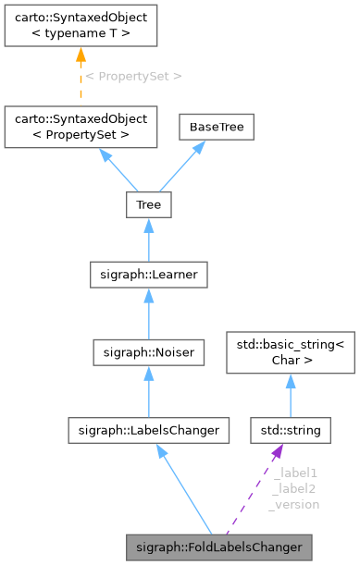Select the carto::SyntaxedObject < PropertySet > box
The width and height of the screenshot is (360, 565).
coord(80,127)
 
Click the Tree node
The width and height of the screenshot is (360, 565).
coord(148,204)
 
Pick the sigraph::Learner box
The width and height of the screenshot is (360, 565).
coord(148,274)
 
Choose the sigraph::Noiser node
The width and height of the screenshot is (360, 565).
coord(148,351)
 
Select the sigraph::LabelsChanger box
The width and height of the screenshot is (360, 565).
coord(148,430)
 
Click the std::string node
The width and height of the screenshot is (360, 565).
coord(290,430)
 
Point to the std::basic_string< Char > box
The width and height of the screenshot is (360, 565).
coord(290,354)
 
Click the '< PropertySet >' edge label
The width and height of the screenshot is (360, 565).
coord(133,76)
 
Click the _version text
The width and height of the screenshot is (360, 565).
coord(294,504)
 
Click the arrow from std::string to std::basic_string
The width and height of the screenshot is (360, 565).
coord(290,396)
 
